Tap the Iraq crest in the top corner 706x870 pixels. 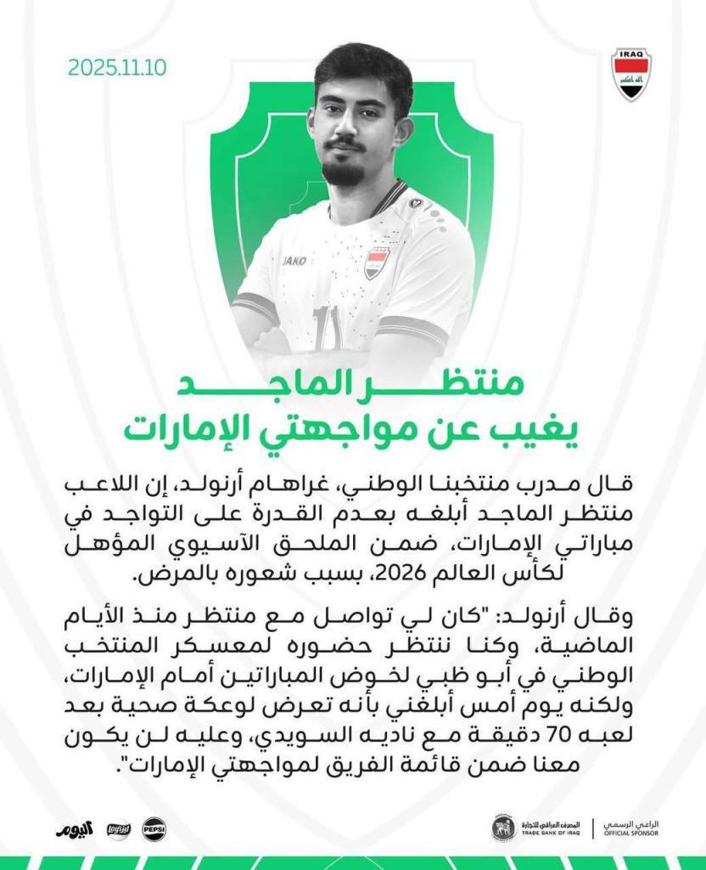pos(631,74)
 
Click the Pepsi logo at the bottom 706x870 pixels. pos(154,828)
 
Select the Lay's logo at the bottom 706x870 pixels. pos(118,828)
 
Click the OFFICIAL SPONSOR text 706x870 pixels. pos(630,833)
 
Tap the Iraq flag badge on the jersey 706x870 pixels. pos(377,263)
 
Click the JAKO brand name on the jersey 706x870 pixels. pos(295,262)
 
